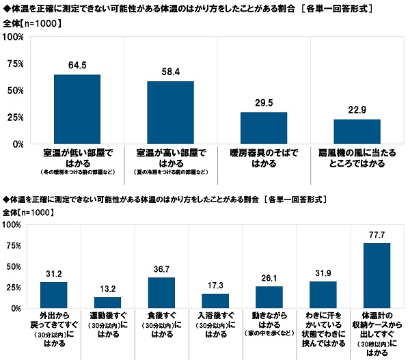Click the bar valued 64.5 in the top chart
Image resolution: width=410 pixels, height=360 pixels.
[77, 109]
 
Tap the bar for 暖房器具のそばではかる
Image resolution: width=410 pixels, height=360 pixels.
[264, 128]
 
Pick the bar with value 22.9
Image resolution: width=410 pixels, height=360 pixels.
[357, 132]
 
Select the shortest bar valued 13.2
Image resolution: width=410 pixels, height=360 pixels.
[107, 303]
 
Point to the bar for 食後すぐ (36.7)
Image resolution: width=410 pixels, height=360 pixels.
[161, 293]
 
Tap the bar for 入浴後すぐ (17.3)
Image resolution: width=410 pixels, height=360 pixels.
[215, 301]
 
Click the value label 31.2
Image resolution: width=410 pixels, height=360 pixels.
[53, 274]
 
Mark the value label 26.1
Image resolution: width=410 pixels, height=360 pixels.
[269, 278]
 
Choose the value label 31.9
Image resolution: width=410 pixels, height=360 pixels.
[323, 273]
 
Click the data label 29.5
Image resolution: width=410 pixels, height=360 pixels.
[264, 103]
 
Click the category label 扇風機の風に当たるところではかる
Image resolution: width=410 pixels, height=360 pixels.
[357, 155]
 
